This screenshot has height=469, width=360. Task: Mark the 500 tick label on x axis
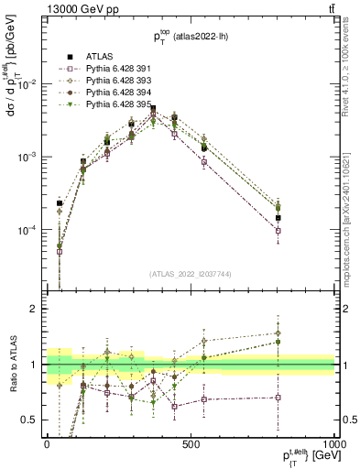point(191,442)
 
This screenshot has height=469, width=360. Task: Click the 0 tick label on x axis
point(46,442)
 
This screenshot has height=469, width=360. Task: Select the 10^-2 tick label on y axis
point(27,84)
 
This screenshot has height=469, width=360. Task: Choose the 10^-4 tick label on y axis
point(27,230)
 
